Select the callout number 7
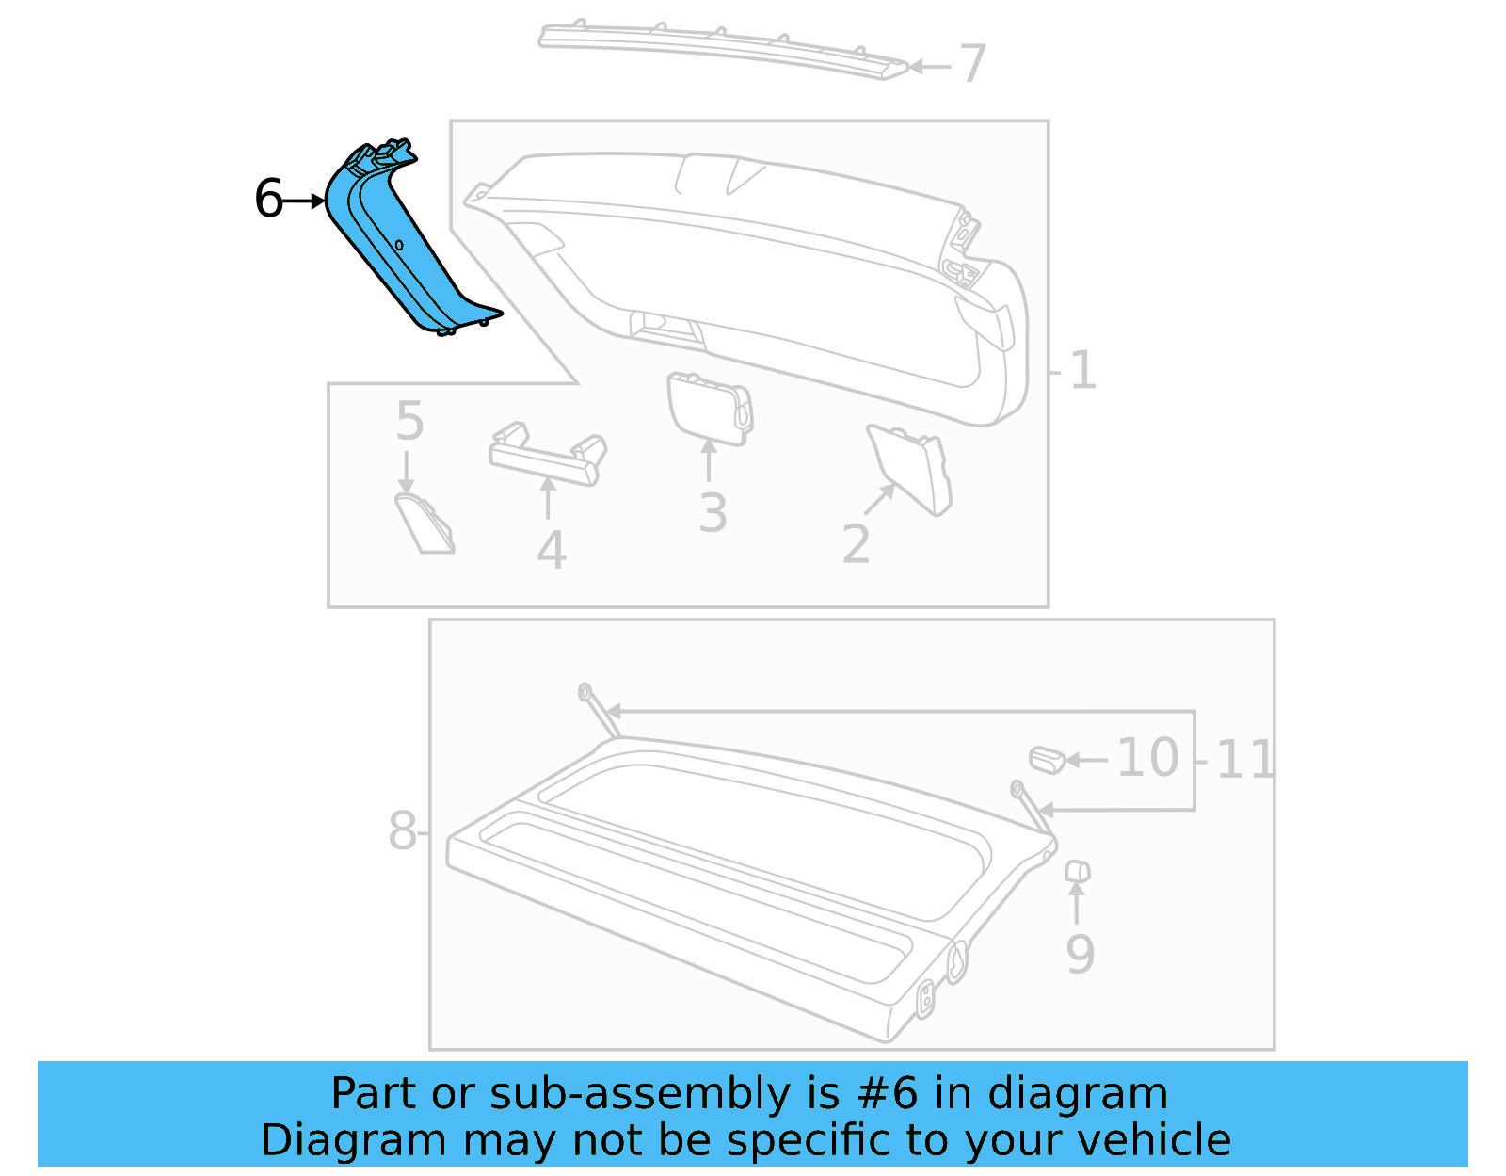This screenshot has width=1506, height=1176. (971, 64)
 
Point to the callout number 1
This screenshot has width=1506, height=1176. (1082, 370)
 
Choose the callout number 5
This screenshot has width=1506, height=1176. (409, 421)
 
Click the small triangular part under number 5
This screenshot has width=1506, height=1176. (424, 524)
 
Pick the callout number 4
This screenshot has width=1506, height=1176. (552, 551)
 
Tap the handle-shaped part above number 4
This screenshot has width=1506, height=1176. (546, 457)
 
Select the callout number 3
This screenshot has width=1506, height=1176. (713, 513)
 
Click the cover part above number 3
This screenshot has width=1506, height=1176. (708, 407)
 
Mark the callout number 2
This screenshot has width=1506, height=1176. (856, 544)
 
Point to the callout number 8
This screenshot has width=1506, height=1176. (402, 831)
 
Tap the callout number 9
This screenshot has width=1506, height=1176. (1080, 954)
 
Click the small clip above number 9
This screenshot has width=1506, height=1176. (1077, 872)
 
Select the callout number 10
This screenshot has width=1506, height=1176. (1147, 758)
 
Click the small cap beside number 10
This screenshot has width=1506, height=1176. (1046, 758)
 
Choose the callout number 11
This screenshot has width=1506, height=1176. (1244, 759)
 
